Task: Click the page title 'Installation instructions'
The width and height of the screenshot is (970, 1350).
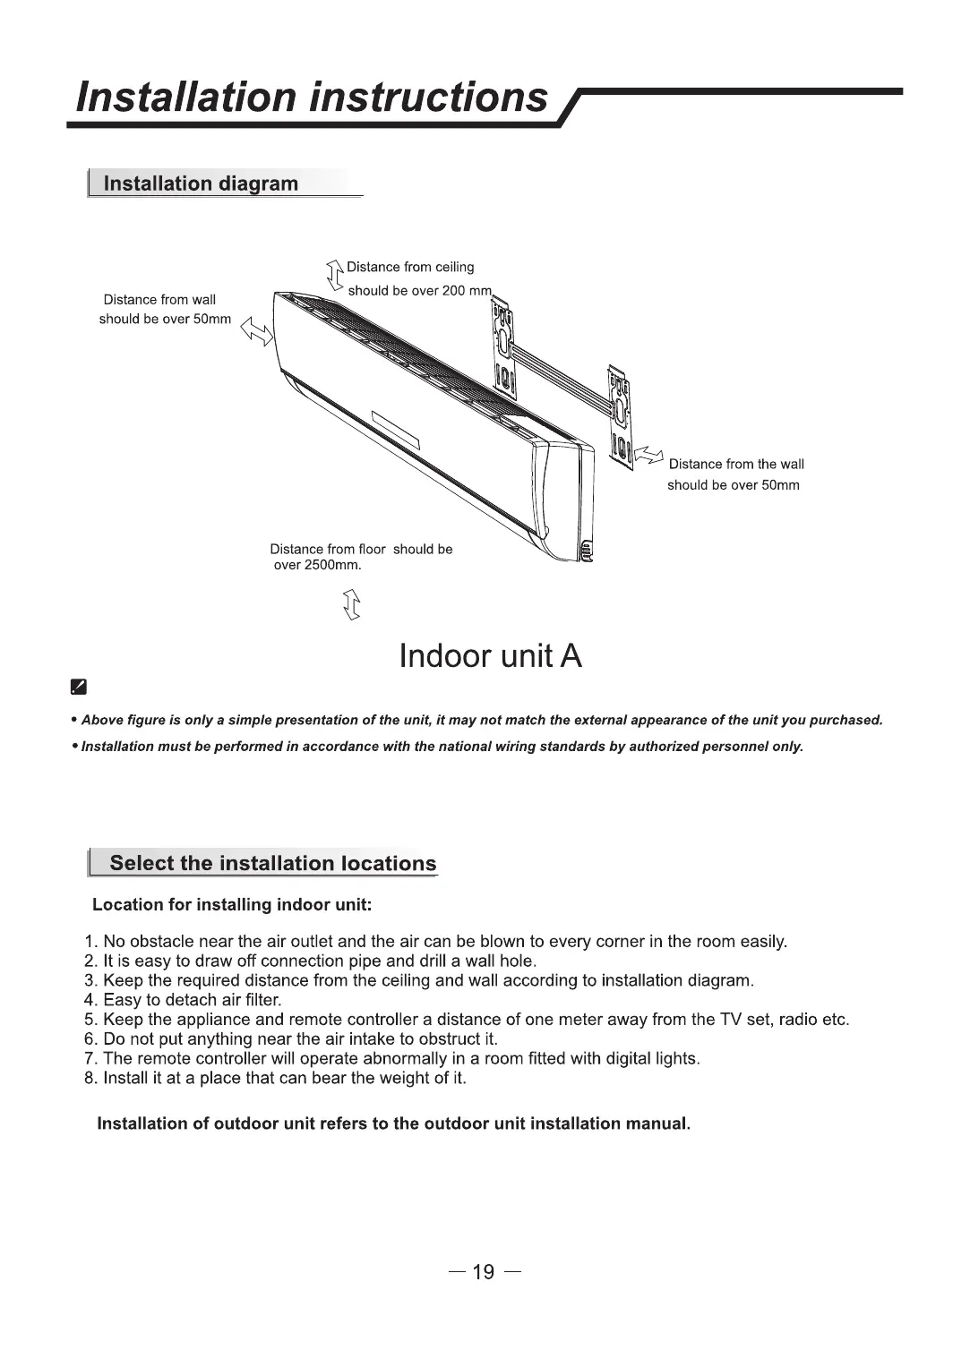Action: click(x=312, y=97)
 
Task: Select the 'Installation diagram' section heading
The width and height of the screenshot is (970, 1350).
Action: click(x=201, y=184)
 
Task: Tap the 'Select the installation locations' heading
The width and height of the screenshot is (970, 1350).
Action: click(x=272, y=863)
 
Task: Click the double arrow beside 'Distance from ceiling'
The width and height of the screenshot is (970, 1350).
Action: click(x=335, y=275)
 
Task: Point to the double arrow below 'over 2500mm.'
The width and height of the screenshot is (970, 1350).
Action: click(x=352, y=606)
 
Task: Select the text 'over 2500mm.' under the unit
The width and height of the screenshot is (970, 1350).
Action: click(x=316, y=566)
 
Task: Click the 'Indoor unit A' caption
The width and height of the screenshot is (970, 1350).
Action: click(x=490, y=656)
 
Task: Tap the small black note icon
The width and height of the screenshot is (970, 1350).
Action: click(x=78, y=688)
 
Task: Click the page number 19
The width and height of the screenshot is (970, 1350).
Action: click(x=484, y=1272)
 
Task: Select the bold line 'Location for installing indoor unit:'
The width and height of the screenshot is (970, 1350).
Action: click(x=232, y=904)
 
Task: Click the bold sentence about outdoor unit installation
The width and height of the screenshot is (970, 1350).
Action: click(x=393, y=1123)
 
